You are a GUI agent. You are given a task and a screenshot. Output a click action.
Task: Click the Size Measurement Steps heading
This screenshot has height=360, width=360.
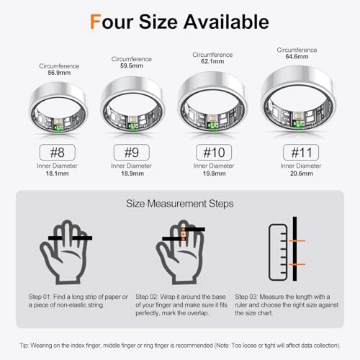tap(179, 204)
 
